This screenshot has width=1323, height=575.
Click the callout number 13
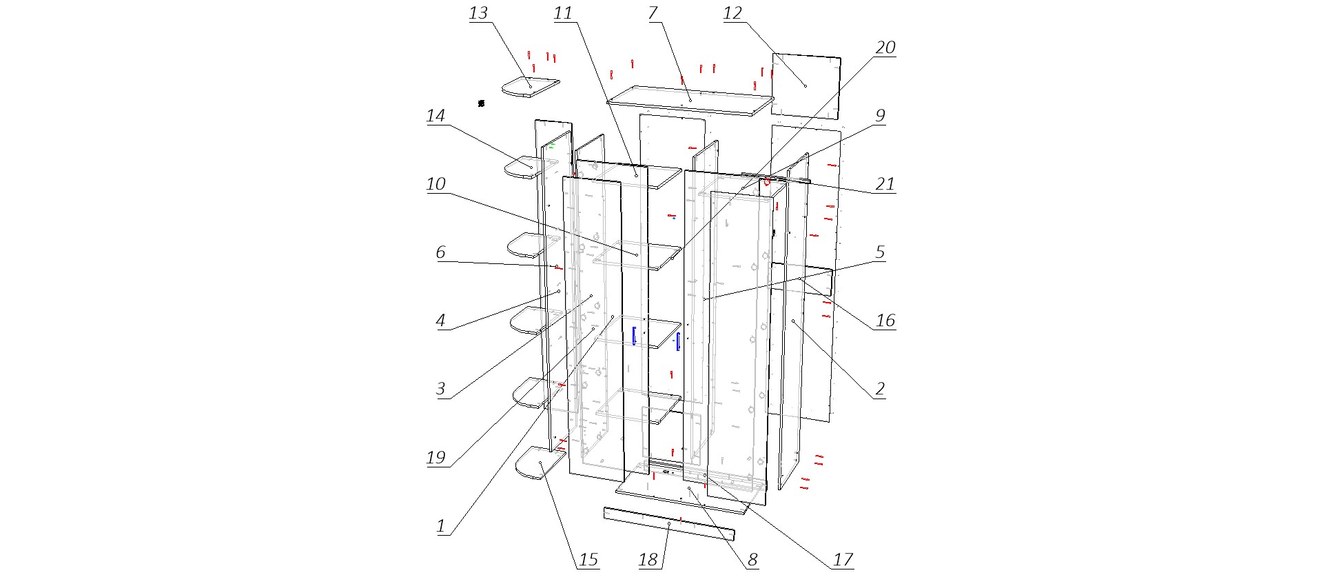click(478, 13)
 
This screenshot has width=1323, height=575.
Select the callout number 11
click(563, 13)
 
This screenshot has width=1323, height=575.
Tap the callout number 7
click(653, 13)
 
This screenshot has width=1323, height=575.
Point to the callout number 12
click(732, 13)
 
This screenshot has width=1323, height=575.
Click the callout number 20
click(885, 48)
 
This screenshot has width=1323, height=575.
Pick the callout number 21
click(885, 184)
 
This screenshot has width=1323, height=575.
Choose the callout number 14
click(435, 116)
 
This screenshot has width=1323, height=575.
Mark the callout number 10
click(435, 184)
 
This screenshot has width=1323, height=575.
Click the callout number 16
click(885, 321)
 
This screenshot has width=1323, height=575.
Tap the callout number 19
click(435, 458)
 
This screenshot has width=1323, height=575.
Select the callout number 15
click(588, 559)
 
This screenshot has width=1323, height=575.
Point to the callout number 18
click(648, 559)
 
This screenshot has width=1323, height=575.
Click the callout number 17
click(843, 559)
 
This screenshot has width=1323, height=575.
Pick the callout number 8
click(752, 559)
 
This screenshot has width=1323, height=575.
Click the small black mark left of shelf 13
click(481, 103)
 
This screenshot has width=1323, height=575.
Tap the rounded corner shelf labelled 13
click(529, 88)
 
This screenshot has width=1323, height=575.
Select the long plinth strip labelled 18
click(668, 524)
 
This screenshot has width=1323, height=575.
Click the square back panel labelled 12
click(806, 86)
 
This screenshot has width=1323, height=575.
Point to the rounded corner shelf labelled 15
click(540, 465)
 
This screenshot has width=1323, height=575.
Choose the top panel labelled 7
click(690, 101)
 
